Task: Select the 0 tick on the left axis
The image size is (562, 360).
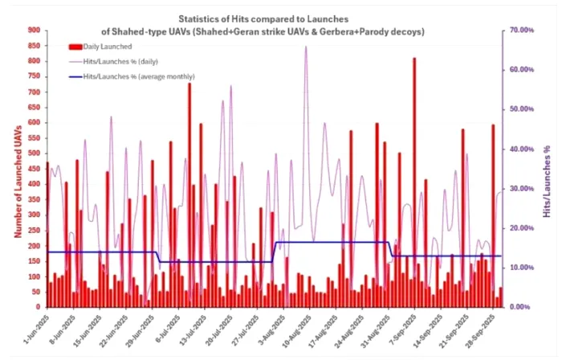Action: coord(37,307)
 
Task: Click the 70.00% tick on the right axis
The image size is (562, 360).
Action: coord(523,30)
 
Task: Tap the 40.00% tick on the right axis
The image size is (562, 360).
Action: coord(523,149)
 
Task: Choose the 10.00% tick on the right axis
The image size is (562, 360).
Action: coord(523,268)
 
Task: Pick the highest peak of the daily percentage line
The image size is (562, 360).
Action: coord(305,47)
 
